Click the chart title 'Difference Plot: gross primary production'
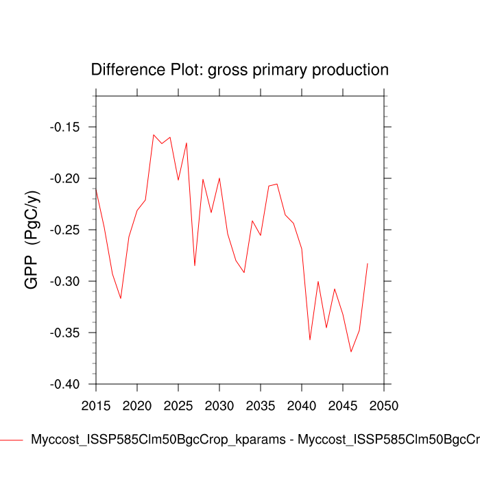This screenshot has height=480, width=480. [239, 70]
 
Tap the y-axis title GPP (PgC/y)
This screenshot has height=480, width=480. [32, 240]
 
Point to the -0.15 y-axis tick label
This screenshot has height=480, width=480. [67, 127]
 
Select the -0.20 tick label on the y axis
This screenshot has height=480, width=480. [67, 178]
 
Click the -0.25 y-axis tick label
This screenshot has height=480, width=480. [67, 230]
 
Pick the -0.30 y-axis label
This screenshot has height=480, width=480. [67, 281]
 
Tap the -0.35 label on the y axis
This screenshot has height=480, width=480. [67, 333]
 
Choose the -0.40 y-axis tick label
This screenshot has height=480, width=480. [67, 384]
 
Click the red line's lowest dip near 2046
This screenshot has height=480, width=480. [351, 352]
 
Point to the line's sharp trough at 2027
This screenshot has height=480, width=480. [195, 265]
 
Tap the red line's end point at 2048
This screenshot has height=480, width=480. [368, 263]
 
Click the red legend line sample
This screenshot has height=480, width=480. [12, 440]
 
